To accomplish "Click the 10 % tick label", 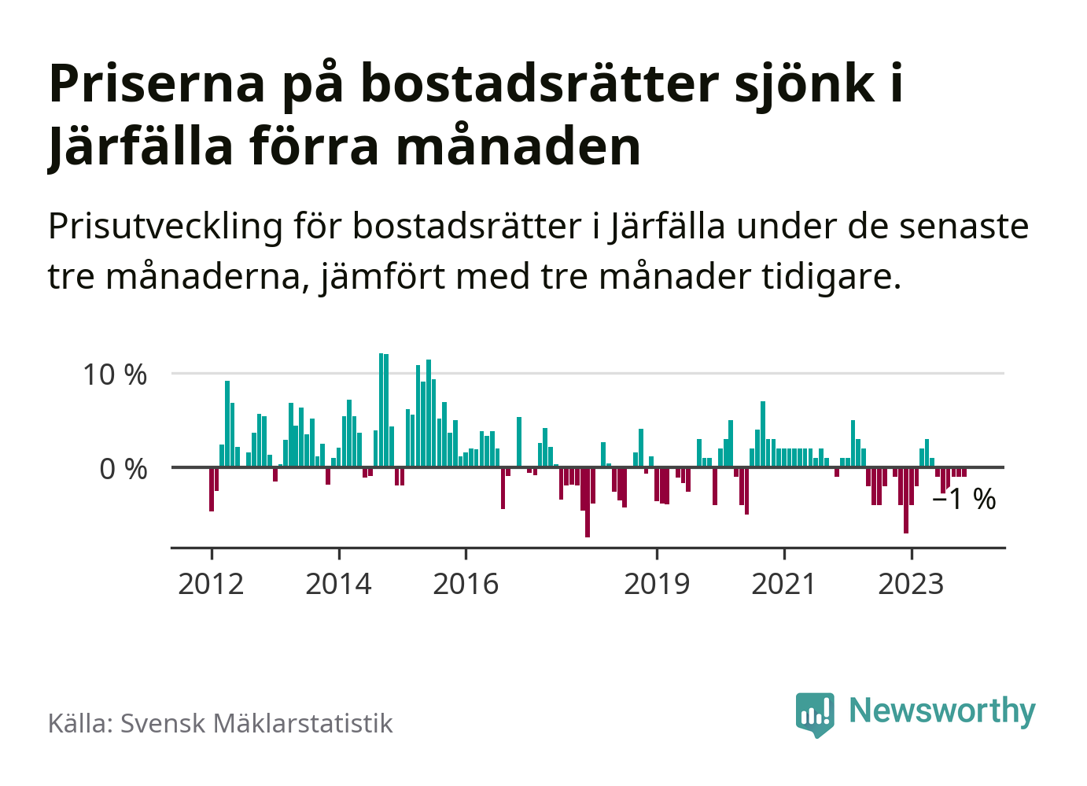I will [115, 375].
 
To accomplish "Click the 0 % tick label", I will [123, 470].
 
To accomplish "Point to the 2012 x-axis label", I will [211, 584].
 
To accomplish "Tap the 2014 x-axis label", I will [338, 584].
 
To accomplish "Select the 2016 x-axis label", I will [466, 584].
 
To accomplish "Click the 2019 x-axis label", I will [657, 584].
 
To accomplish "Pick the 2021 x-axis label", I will [784, 584].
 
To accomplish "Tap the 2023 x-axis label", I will [911, 584].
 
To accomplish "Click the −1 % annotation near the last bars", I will [964, 500].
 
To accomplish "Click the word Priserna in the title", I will [157, 83].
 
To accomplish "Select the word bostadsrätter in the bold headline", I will [540, 83].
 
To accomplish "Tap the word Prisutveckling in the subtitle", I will [165, 227].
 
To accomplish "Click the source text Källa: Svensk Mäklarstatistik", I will [220, 723].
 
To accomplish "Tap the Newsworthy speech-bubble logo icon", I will [814, 714].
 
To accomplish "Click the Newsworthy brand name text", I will [942, 710].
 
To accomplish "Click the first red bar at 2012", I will [212, 489].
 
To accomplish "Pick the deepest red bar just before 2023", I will [906, 500].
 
